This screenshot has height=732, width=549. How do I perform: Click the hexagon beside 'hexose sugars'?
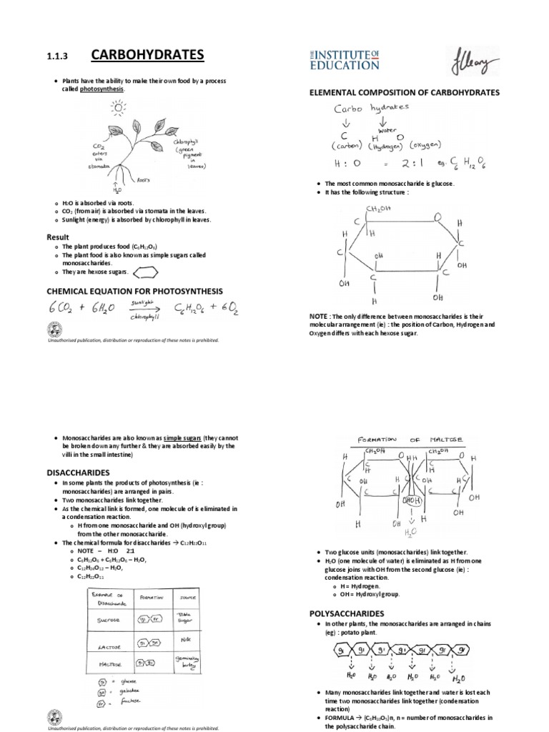(x=147, y=272)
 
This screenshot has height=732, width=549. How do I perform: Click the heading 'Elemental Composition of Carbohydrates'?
(x=403, y=93)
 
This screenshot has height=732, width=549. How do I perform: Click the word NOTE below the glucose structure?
(x=318, y=315)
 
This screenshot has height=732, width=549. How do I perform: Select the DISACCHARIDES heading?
(x=77, y=473)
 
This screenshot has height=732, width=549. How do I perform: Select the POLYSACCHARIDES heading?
(x=346, y=613)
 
